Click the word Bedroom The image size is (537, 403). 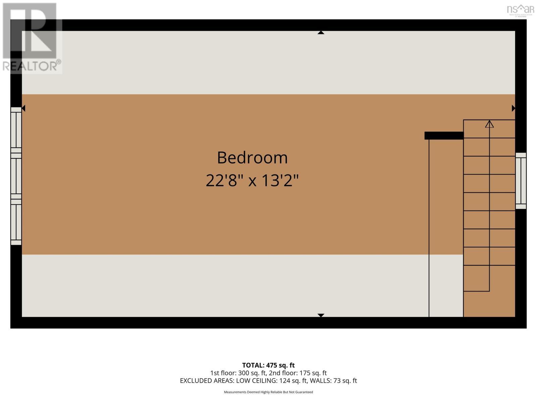pos(252,158)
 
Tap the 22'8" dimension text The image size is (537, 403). pos(224,181)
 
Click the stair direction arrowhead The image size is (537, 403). pos(489,124)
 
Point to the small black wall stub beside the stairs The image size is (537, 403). pos(444,135)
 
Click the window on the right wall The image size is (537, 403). pos(521,181)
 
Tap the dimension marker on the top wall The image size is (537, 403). pos(321,33)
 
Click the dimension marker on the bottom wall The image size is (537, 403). pos(321,315)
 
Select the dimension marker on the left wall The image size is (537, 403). pos(23,108)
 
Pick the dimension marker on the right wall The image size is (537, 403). pos(513,108)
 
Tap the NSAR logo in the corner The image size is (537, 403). pos(520,10)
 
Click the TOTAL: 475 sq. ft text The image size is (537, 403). pos(268,365)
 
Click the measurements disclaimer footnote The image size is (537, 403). pos(268,392)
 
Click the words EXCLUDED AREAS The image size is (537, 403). pos(207,380)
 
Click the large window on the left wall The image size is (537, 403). pos(16,176)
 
